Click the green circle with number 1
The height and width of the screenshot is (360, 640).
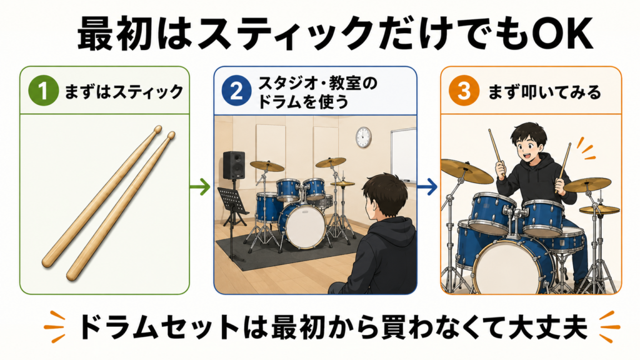[x=44, y=91]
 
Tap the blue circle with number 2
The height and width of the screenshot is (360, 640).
[x=237, y=91]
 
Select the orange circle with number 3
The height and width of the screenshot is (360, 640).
[x=464, y=91]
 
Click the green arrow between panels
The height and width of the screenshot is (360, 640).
[x=200, y=187]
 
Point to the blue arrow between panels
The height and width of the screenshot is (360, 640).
[x=427, y=187]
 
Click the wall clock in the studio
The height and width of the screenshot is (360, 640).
[x=363, y=137]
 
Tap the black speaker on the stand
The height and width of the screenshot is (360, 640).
[x=234, y=165]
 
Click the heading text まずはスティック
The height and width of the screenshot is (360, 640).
[x=124, y=91]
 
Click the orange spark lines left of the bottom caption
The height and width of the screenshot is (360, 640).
[x=55, y=326]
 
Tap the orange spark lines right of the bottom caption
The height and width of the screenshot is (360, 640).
[x=609, y=326]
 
